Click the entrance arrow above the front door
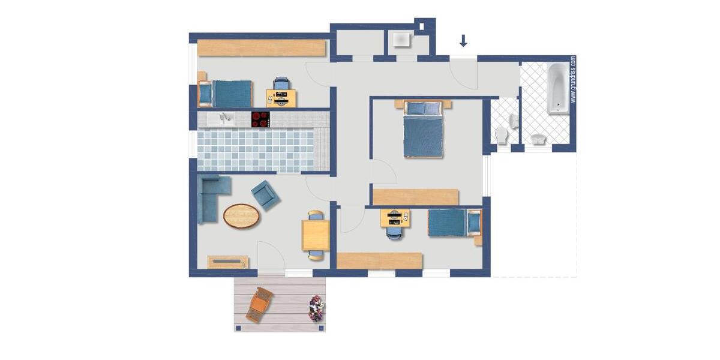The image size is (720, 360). point(463,41)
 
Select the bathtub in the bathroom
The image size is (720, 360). point(558,88)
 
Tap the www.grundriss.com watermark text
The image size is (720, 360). point(573,79)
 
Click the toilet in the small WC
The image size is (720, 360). point(502,135)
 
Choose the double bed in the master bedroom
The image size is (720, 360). point(423,129)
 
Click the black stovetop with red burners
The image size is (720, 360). point(260,119)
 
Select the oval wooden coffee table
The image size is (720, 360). point(242,216)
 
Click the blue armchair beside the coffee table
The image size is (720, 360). point(265,195)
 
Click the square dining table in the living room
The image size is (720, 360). point(316,235)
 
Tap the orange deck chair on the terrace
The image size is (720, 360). point(259,304)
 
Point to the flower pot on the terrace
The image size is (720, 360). point(316,308)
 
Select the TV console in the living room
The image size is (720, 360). point(228,262)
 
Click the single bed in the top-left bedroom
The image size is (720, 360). point(227,94)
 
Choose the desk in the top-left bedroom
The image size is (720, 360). point(281,98)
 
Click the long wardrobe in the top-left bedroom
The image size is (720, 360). point(262,47)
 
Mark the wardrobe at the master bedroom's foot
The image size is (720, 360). point(416,197)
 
